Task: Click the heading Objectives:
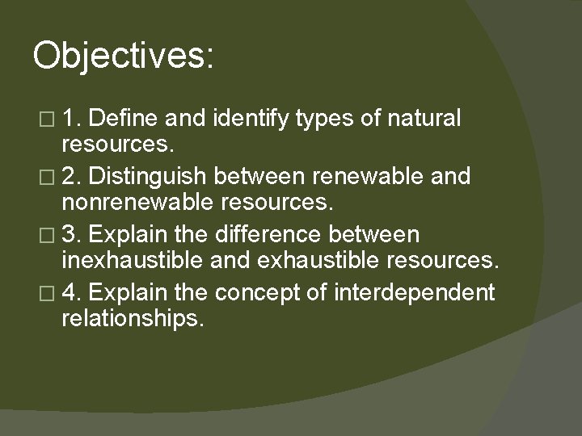pyautogui.click(x=123, y=57)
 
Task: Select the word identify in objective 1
pyautogui.click(x=253, y=119)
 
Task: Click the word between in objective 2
pyautogui.click(x=260, y=176)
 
